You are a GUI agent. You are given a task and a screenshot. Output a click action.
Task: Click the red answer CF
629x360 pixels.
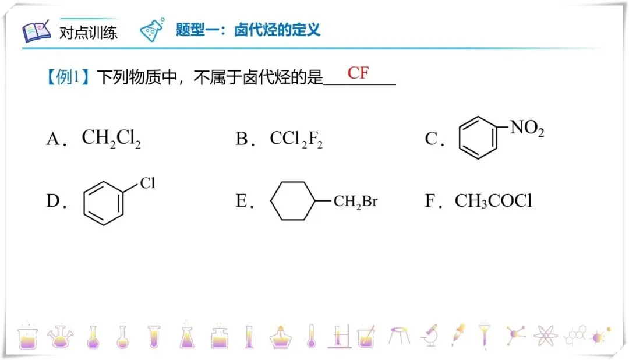point(358,73)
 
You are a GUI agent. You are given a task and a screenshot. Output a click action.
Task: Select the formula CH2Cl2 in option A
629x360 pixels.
point(111,139)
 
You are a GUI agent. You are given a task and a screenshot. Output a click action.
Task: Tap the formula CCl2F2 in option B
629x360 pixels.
point(296,139)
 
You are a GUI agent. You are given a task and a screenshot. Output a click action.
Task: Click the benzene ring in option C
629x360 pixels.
point(479,138)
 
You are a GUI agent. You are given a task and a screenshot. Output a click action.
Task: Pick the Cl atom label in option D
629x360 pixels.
point(147,184)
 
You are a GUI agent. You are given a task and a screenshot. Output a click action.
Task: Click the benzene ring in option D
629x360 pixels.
point(104,202)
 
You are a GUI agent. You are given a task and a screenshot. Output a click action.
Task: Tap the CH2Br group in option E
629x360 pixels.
point(355,202)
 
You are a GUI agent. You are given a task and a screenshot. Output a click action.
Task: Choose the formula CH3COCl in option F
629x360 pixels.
point(493,202)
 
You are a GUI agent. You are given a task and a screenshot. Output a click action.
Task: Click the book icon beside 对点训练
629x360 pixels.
point(37,31)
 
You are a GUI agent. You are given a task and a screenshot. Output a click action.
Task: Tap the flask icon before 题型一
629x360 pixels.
point(153,30)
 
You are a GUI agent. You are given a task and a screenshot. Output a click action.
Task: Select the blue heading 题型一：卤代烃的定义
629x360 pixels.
point(248,30)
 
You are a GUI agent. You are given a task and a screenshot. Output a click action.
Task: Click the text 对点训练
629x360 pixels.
point(88,32)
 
